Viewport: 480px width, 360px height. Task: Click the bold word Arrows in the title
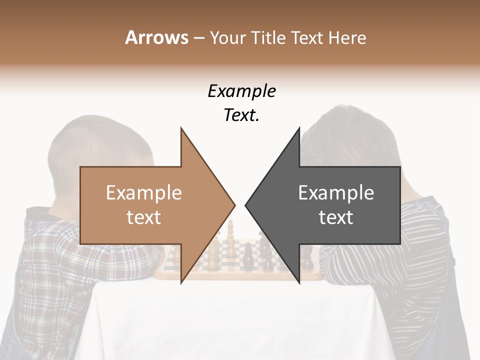point(157,37)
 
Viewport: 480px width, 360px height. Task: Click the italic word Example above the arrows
point(241,91)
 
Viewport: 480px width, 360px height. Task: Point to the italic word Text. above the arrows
point(241,115)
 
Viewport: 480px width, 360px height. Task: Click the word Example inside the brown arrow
point(144,192)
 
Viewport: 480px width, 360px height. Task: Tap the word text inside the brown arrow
point(144,217)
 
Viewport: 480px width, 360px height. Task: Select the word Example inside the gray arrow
point(336,192)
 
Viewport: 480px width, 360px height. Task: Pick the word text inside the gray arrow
point(336,217)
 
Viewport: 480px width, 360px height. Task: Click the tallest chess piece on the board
point(230,232)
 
